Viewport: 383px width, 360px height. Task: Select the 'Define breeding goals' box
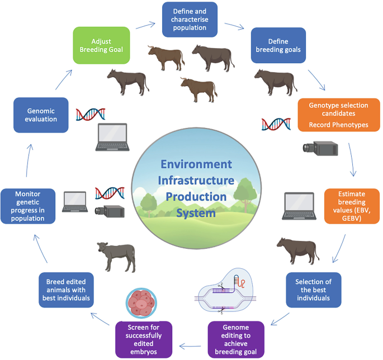278,45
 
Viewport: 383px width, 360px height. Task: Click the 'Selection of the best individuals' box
313,291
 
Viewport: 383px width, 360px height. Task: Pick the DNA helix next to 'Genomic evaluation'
91,113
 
